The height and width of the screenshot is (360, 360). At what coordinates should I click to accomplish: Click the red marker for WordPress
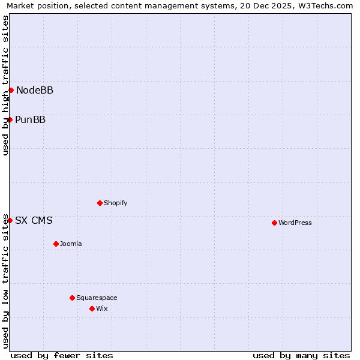click(x=274, y=223)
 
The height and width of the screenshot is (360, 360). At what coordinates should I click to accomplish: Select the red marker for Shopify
click(x=100, y=203)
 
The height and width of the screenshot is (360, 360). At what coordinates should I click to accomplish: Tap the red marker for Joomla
click(x=56, y=244)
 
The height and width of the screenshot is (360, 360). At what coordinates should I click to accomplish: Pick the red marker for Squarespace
click(x=72, y=298)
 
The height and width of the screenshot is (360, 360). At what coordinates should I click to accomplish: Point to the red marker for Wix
click(x=92, y=308)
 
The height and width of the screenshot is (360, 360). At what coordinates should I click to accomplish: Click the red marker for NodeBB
click(x=11, y=90)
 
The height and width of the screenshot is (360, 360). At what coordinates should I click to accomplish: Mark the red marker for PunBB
click(x=10, y=119)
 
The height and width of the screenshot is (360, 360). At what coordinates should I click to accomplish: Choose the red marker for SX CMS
click(x=10, y=220)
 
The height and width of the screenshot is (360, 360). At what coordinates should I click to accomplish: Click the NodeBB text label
click(x=35, y=91)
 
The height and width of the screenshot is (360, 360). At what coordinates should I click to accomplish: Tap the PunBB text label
click(x=31, y=120)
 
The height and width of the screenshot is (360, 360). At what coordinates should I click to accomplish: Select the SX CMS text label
click(x=34, y=221)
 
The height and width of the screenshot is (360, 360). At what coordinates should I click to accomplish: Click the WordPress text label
click(x=295, y=223)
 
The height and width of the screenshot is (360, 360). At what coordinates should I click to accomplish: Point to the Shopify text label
click(x=116, y=203)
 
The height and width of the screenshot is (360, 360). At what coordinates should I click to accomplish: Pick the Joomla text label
click(x=71, y=244)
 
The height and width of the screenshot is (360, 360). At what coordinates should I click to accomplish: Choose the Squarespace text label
click(x=97, y=298)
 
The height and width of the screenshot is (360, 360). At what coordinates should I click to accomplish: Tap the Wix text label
click(x=102, y=309)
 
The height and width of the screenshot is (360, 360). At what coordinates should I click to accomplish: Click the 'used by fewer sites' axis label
click(x=62, y=355)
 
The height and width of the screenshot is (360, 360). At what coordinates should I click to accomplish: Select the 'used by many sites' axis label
click(x=301, y=355)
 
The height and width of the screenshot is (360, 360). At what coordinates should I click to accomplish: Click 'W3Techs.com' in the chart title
click(x=328, y=5)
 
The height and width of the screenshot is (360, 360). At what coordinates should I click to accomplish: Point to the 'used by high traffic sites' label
click(x=5, y=85)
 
